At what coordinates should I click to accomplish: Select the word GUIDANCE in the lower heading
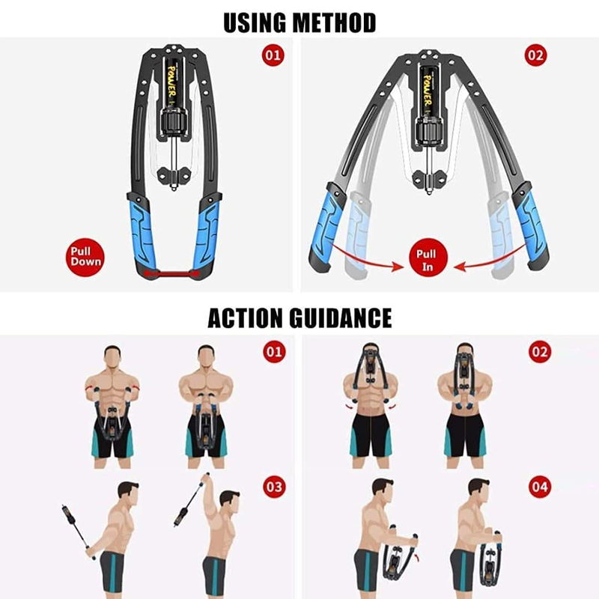pyautogui.click(x=341, y=317)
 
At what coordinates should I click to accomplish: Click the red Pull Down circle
pyautogui.click(x=85, y=257)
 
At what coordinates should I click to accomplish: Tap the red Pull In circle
pyautogui.click(x=428, y=257)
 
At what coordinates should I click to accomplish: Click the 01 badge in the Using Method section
pyautogui.click(x=273, y=55)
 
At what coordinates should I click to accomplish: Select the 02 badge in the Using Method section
pyautogui.click(x=535, y=55)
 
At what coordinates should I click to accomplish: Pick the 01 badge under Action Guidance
pyautogui.click(x=274, y=351)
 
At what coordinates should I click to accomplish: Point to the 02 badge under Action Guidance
pyautogui.click(x=540, y=351)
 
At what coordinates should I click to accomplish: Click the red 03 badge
pyautogui.click(x=274, y=487)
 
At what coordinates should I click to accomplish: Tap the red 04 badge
pyautogui.click(x=540, y=487)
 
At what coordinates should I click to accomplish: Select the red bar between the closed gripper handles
pyautogui.click(x=171, y=273)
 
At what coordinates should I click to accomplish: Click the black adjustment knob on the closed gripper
pyautogui.click(x=174, y=121)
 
